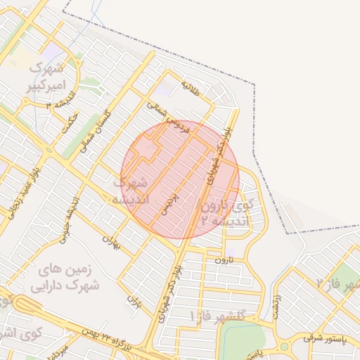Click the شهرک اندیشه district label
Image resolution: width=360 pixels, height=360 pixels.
click(x=131, y=191)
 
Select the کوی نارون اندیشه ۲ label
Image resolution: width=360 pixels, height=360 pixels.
click(x=225, y=214)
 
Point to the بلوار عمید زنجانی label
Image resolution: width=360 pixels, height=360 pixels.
click(x=26, y=189)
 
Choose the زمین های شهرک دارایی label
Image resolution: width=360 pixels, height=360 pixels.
click(x=65, y=278)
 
